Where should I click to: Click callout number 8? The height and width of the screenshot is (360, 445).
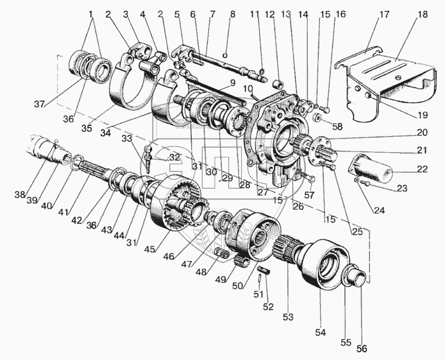point(233,13)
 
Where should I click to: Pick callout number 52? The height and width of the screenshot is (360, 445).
point(270,307)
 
